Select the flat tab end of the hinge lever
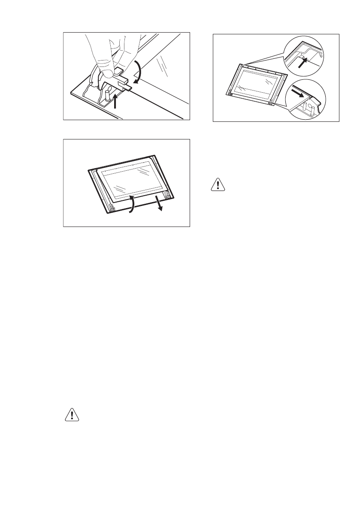pyautogui.click(x=127, y=87)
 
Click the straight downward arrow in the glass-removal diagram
pyautogui.click(x=160, y=203)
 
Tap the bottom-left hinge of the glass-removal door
pyautogui.click(x=111, y=208)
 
